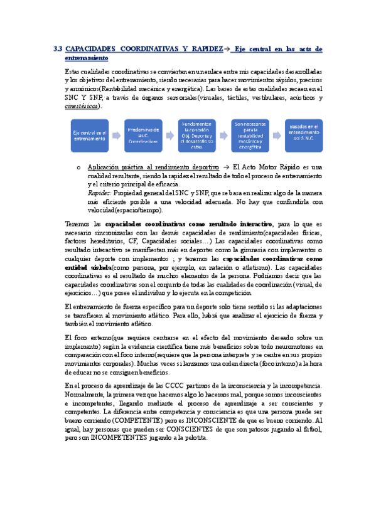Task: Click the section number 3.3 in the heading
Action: pos(58,48)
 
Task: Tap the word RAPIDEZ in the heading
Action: pos(209,48)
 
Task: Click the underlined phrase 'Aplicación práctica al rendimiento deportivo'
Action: pos(149,168)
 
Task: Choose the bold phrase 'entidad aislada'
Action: pos(83,267)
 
